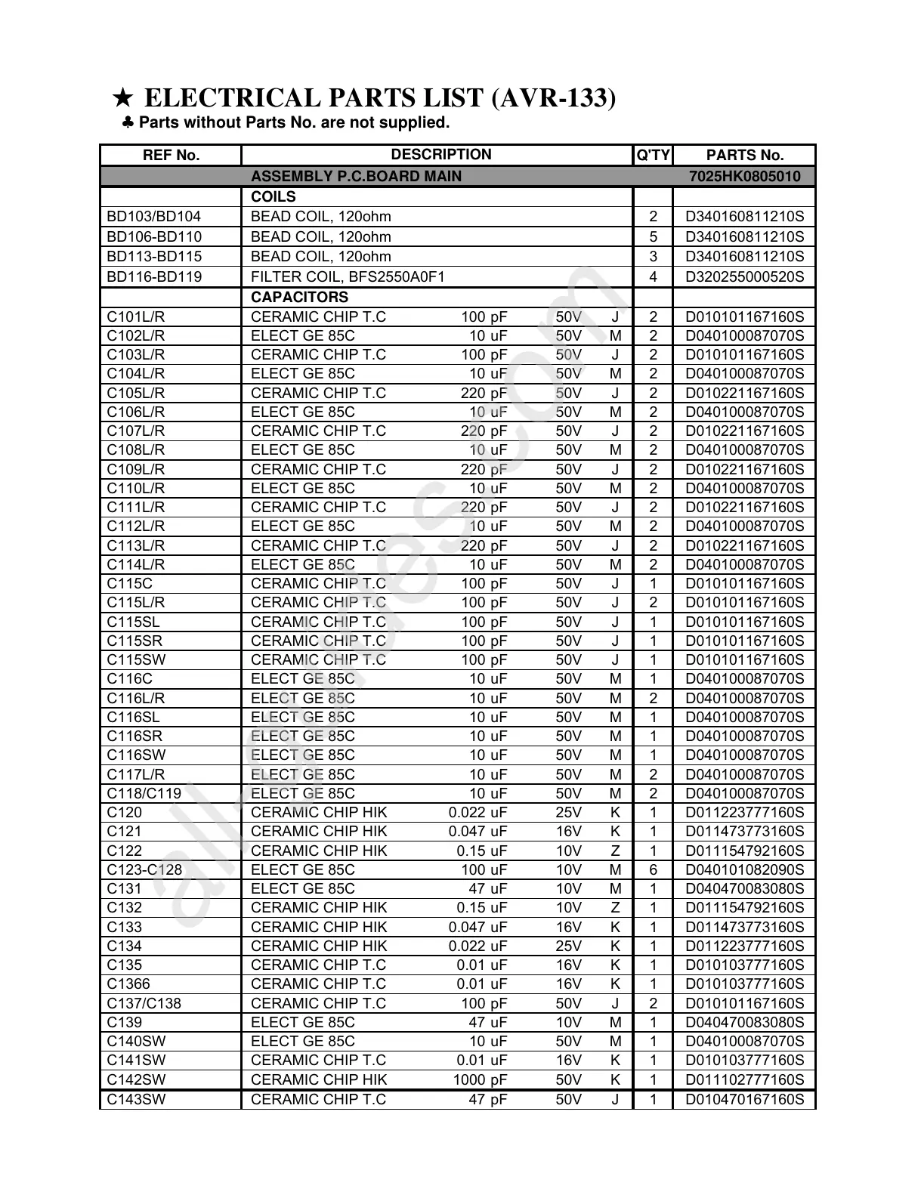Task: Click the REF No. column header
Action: point(172,156)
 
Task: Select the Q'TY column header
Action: point(653,156)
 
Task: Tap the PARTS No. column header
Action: point(744,156)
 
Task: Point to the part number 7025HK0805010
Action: point(744,177)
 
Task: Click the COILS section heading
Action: point(274,197)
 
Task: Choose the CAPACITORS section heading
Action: point(299,297)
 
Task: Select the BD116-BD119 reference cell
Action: point(154,276)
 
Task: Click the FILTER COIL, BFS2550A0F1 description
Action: point(348,276)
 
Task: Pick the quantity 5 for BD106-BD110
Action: point(654,236)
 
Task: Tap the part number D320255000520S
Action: point(744,276)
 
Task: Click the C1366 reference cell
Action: point(128,984)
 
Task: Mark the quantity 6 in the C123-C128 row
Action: point(654,870)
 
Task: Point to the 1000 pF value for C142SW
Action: point(480,1079)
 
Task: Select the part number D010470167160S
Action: point(744,1099)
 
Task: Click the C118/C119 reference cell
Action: point(144,794)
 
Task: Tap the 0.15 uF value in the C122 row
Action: point(481,851)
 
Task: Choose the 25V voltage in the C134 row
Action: point(568,946)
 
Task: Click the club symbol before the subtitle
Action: point(128,122)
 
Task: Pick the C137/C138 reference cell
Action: point(144,1003)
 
